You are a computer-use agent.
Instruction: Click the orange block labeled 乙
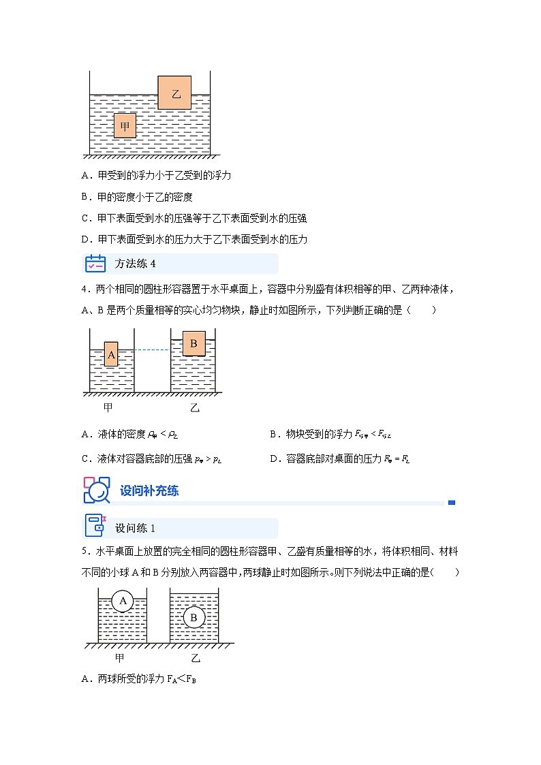174,93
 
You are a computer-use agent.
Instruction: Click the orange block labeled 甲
125,126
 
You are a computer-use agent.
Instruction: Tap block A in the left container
111,354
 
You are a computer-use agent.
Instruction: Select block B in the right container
194,344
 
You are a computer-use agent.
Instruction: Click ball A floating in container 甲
123,600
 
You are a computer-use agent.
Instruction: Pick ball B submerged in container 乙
194,618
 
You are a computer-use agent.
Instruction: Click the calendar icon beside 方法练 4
95,264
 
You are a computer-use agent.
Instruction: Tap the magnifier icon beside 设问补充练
96,490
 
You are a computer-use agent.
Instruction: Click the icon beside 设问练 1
95,528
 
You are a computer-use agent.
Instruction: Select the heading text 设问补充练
149,490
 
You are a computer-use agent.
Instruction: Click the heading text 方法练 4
135,264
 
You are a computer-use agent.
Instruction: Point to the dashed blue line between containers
151,350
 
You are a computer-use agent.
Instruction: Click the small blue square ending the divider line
452,503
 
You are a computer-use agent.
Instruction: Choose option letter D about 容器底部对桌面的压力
274,459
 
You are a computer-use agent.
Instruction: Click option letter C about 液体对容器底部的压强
85,459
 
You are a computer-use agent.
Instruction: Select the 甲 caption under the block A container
108,407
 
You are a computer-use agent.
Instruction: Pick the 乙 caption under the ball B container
196,658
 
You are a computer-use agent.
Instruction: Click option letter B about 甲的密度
85,197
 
